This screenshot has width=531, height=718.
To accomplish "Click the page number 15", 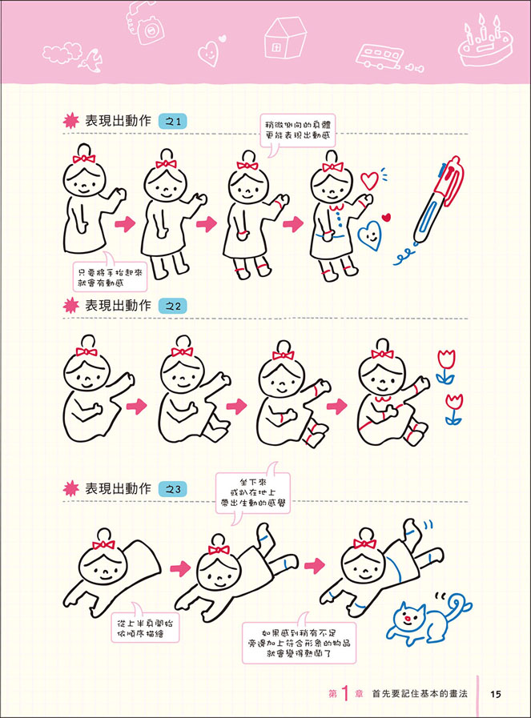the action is tap(496, 694).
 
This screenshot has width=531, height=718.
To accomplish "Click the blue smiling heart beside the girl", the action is tap(369, 235).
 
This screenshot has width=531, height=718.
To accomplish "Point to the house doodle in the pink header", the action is tap(285, 38).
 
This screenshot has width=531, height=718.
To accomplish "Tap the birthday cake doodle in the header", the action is tap(485, 42).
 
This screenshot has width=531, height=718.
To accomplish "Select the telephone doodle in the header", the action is tap(146, 23).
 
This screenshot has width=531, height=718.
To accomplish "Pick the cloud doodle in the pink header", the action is tap(62, 52).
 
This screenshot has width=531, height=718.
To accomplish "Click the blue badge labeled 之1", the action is tap(173, 122).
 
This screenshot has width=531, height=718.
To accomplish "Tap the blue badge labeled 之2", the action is tap(173, 307).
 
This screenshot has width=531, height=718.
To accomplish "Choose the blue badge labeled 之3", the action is tap(173, 489).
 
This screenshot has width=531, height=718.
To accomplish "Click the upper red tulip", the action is tap(446, 367).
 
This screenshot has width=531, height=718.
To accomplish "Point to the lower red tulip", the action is tap(453, 409).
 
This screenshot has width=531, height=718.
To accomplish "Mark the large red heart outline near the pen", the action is tap(369, 180).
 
